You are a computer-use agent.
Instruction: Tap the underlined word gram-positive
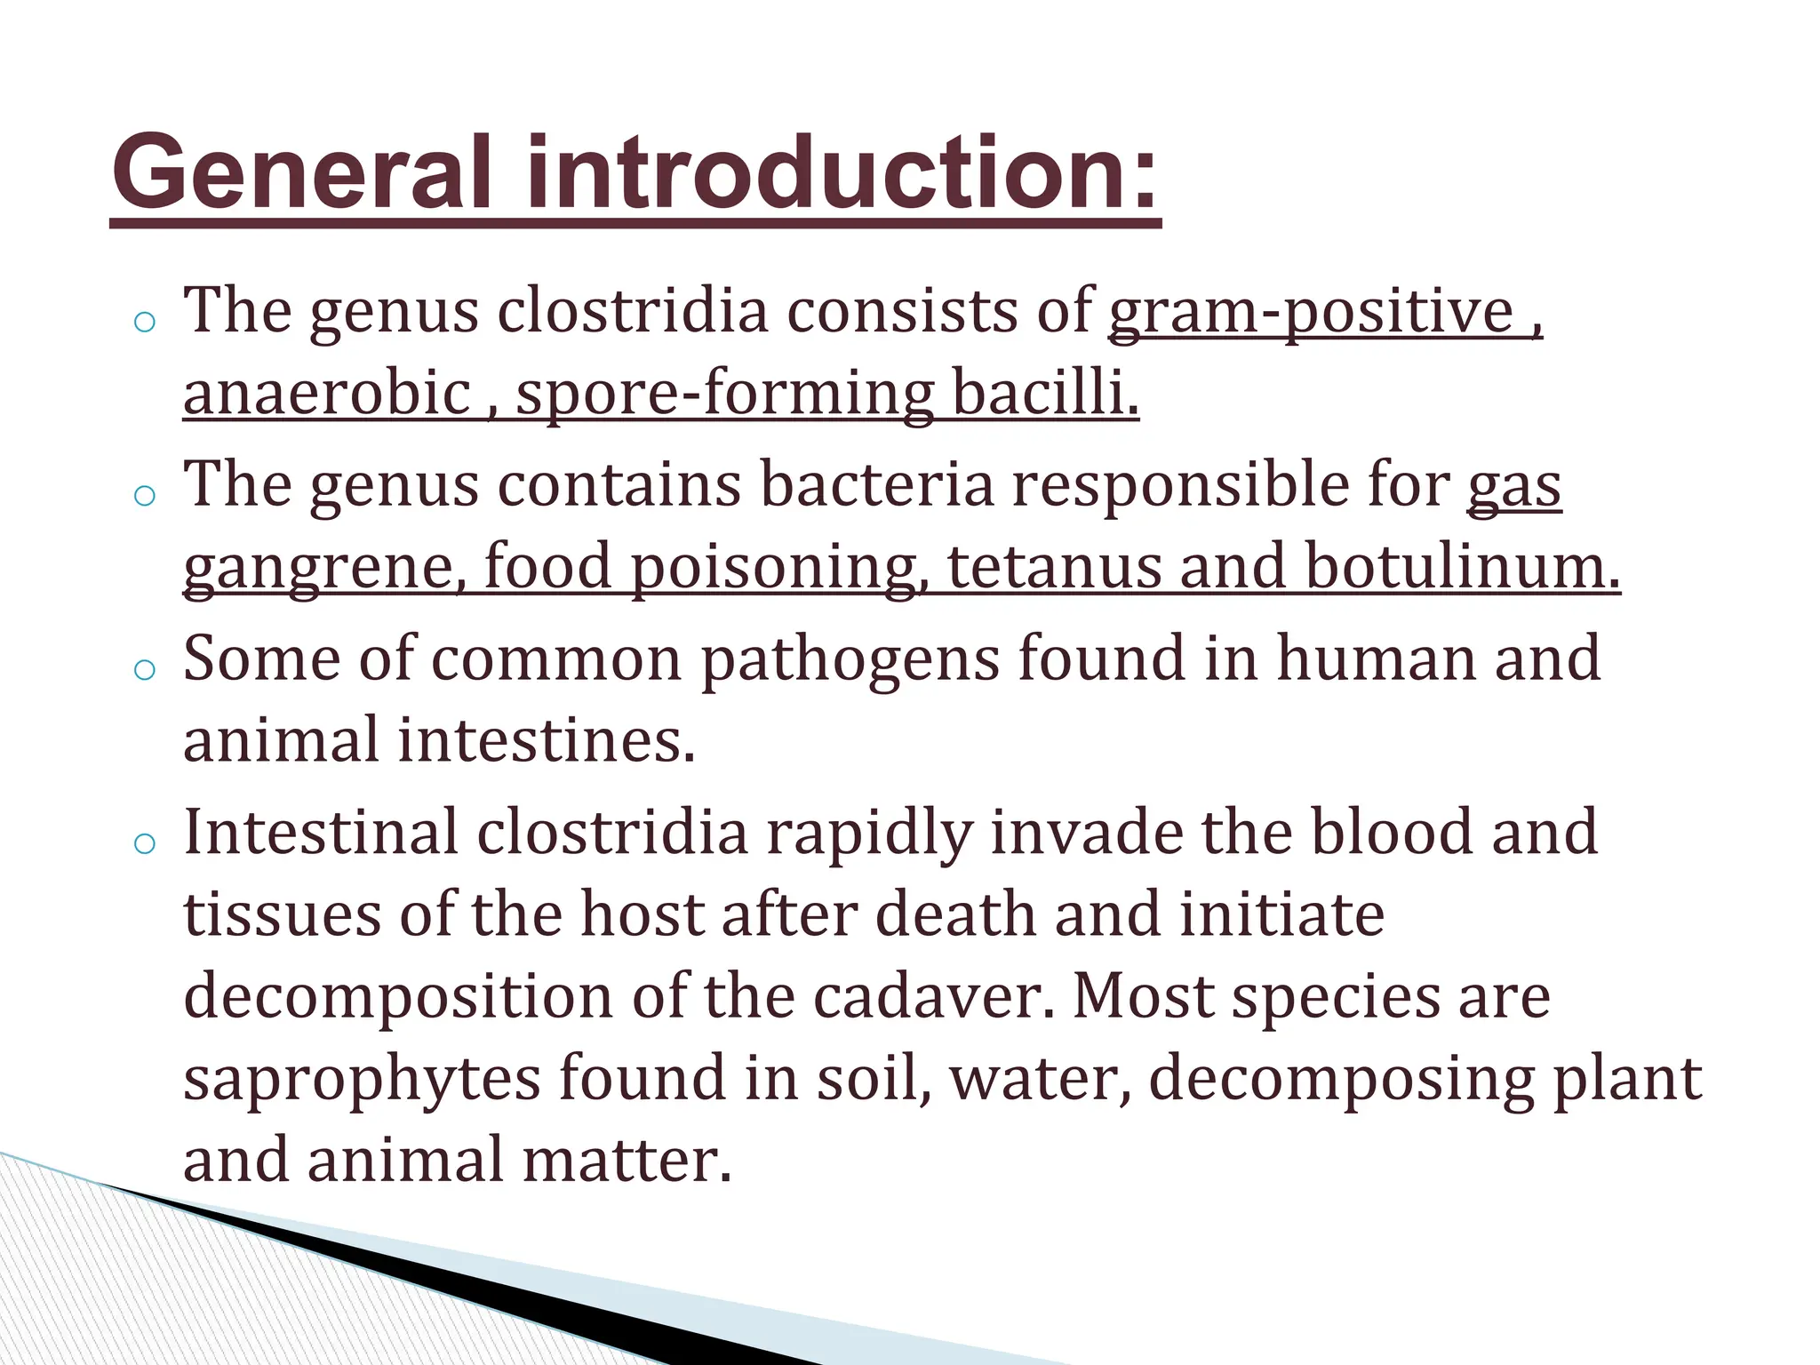pos(1311,313)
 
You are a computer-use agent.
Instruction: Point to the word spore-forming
pos(724,394)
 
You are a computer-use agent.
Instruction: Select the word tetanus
pos(1054,567)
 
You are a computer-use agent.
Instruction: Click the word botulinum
pos(1463,567)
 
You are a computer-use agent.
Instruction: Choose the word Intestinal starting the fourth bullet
pos(320,834)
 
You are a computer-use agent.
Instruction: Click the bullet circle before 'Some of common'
pos(144,670)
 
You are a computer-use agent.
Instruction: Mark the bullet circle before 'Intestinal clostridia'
pos(144,843)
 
